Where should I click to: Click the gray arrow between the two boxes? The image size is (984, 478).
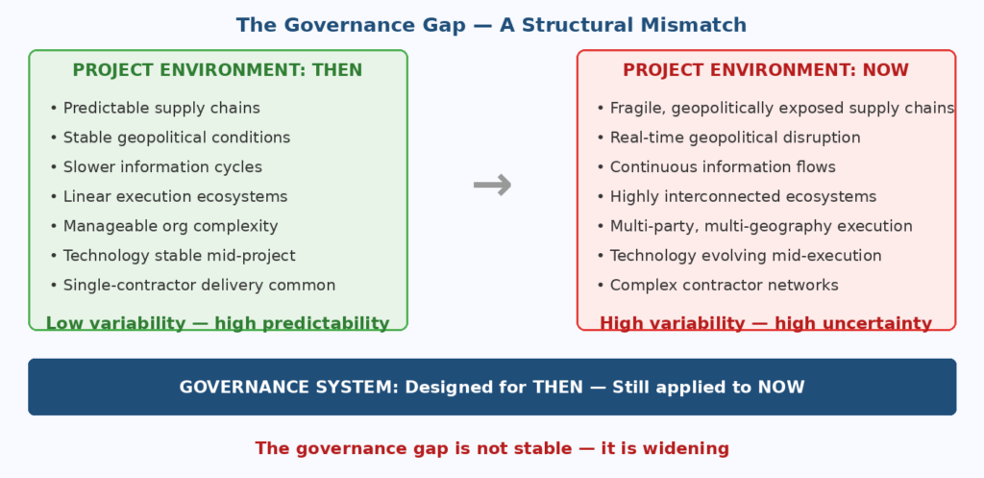pos(492,186)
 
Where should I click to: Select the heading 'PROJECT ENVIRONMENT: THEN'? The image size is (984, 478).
pos(218,70)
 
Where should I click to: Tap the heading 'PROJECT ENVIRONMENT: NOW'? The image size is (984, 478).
pos(766,70)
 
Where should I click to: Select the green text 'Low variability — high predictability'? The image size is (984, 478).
pos(218,324)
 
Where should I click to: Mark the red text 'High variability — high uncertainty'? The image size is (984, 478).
pos(766,324)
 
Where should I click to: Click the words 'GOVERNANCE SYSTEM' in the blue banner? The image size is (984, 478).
pos(288,388)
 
